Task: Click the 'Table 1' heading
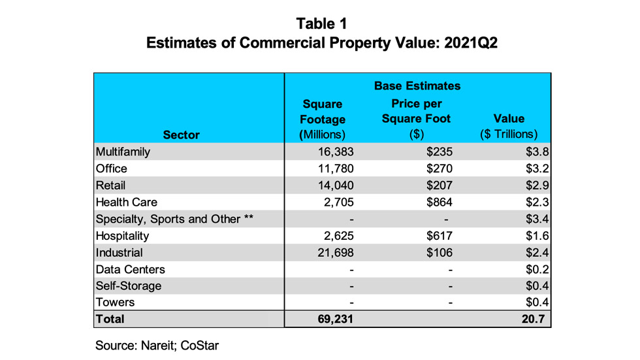321,24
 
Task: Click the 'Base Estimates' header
417,86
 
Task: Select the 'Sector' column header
182,135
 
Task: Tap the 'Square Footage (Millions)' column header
322,120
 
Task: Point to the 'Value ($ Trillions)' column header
509,127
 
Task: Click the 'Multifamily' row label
123,152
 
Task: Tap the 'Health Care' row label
127,203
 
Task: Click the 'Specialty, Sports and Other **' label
174,219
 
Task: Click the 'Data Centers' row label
130,269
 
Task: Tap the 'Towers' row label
115,303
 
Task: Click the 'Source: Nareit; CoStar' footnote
157,346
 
